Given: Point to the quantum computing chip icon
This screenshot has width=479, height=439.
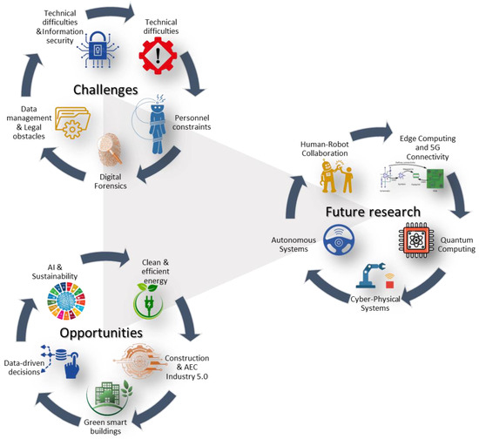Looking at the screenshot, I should [415, 239].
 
